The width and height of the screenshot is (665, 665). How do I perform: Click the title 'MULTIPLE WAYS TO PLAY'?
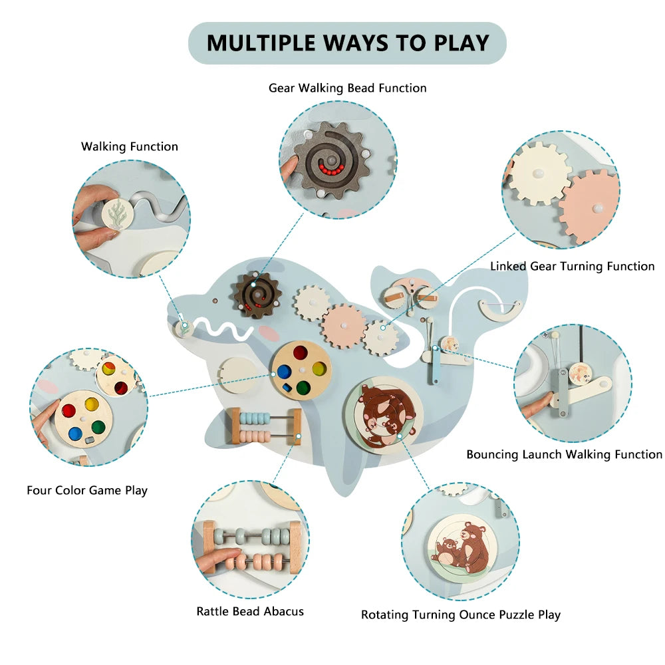point(348,43)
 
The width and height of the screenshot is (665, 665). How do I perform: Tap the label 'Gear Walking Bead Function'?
point(347,88)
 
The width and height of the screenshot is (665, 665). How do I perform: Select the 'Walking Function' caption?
point(130,147)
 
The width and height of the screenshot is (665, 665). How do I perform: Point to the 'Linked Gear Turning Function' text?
point(572,267)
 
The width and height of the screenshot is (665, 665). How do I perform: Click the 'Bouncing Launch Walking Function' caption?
point(564,455)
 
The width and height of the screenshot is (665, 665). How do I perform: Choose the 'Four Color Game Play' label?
point(87,491)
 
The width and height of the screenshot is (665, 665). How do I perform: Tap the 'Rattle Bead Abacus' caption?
point(250,612)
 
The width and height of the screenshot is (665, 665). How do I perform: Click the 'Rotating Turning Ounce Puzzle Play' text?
point(461,615)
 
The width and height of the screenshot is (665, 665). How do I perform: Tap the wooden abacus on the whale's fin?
point(266,427)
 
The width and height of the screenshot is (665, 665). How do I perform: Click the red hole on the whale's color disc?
point(301,353)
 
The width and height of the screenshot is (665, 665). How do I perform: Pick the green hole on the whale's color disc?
point(303,387)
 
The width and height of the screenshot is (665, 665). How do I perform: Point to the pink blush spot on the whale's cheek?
point(269,333)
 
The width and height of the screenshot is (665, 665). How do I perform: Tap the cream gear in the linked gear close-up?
point(538,174)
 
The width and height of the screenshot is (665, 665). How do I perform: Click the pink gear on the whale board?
point(344,326)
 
